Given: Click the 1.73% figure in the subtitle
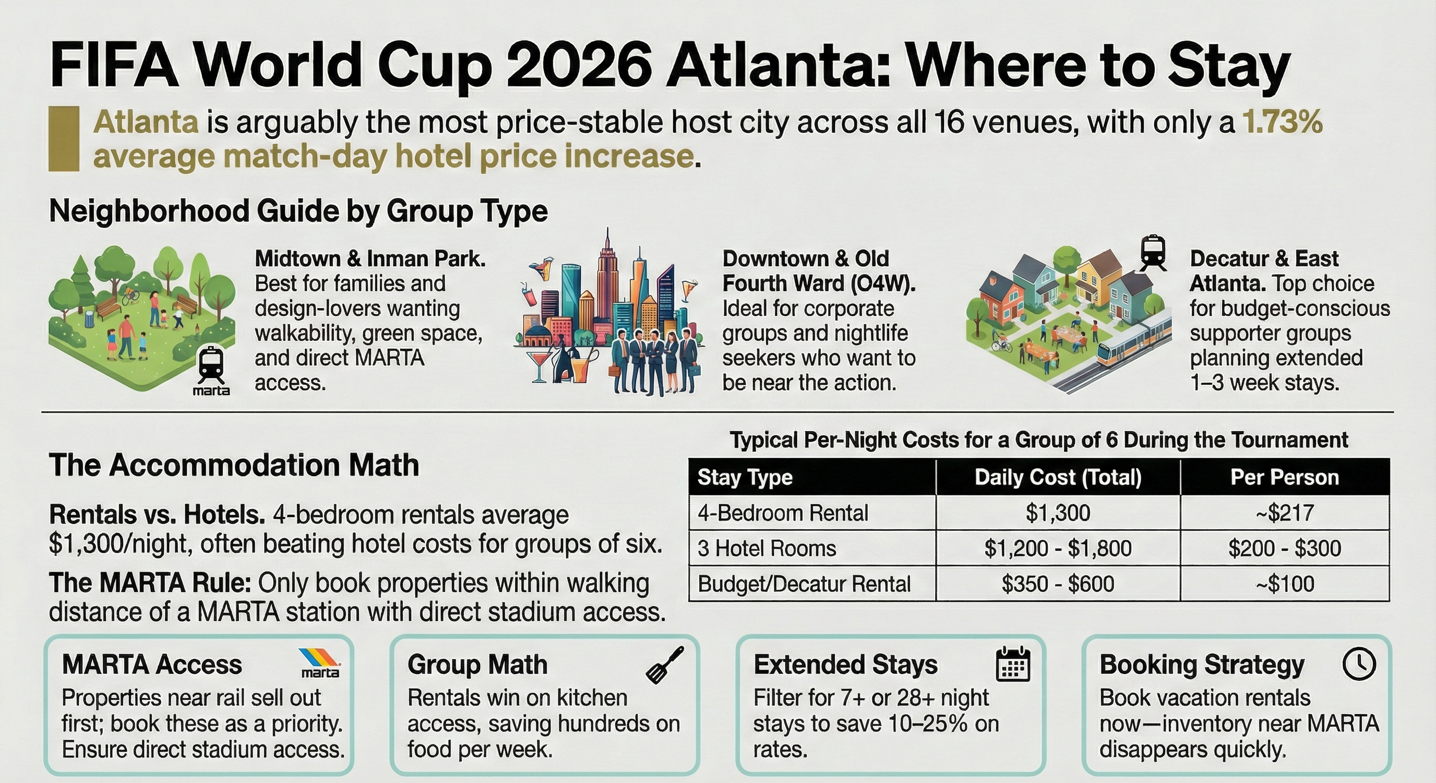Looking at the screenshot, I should tap(1282, 122).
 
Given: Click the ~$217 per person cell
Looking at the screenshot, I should tap(1284, 513).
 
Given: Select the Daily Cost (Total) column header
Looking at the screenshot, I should tap(1058, 478).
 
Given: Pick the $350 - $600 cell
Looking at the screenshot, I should tap(1058, 584).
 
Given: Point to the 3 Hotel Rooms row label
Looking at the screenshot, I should tap(767, 548).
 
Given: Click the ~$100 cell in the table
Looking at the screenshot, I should tap(1284, 584).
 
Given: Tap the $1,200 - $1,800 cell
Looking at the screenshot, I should tap(1058, 548).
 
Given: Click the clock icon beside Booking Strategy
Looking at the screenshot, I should tap(1359, 663).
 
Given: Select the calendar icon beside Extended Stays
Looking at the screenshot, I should tap(1012, 663).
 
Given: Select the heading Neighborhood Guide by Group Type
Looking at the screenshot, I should tap(298, 211).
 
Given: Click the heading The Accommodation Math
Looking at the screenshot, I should tap(234, 465).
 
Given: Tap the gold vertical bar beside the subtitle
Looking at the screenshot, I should tap(64, 138).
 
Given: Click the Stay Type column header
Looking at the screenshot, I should tap(745, 478).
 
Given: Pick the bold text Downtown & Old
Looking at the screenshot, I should tap(806, 259).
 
